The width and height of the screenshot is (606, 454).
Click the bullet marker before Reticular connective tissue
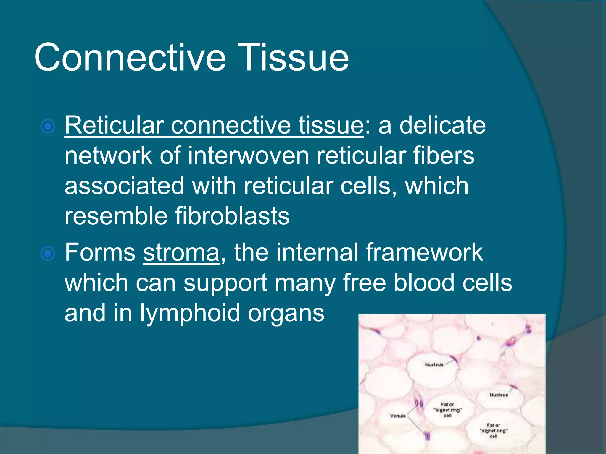coord(48,127)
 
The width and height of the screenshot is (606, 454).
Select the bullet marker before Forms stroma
coord(48,254)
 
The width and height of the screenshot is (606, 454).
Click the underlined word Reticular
coord(114,125)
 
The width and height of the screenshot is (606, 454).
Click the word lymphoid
coord(190,313)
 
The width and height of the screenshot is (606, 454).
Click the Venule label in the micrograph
coord(398,416)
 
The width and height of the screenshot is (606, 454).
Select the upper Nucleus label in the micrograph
coord(434,364)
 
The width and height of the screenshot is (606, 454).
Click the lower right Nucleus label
coord(498,395)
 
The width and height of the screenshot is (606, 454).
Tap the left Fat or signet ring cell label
coord(447,410)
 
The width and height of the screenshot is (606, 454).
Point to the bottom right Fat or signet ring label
coord(493,431)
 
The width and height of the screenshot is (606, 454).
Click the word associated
coord(124,186)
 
